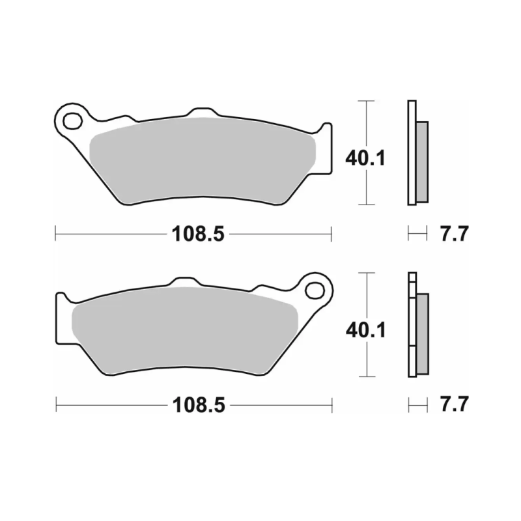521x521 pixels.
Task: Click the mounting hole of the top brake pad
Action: [x=73, y=121]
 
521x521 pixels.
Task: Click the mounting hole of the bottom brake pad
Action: [x=315, y=290]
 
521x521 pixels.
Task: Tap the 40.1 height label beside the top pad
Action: [x=365, y=158]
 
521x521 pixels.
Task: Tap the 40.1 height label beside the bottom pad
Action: [x=366, y=330]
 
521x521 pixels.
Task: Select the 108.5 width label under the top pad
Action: [x=198, y=234]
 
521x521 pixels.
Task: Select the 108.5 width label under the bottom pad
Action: [x=199, y=405]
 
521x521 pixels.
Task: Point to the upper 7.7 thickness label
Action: [x=455, y=234]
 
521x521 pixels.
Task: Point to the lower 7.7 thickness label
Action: [x=455, y=404]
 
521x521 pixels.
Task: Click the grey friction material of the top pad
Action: [x=203, y=160]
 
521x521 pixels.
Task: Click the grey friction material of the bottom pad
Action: [x=185, y=331]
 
